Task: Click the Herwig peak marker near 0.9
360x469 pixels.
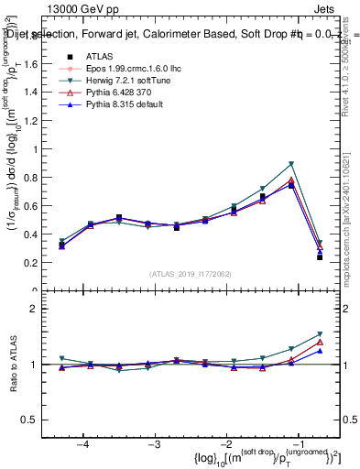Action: pos(291,164)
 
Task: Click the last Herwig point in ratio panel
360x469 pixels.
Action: pos(320,334)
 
